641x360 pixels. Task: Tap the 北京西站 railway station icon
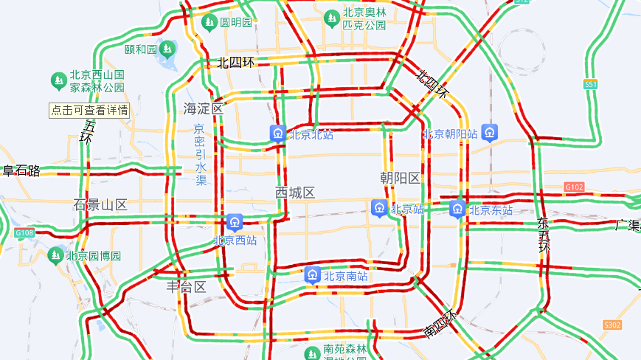[235, 221]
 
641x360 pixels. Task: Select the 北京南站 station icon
[313, 276]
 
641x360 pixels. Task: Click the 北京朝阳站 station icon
[491, 134]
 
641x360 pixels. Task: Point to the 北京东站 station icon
[458, 209]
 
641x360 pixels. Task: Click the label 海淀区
[203, 108]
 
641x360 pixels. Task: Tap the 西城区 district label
[295, 193]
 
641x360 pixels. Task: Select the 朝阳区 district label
[400, 178]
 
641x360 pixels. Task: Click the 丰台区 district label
[185, 287]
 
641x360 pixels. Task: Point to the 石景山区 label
[100, 204]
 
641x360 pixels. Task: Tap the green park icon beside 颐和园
[168, 49]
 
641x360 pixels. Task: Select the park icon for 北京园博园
[55, 256]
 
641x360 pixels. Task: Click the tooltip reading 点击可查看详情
[89, 111]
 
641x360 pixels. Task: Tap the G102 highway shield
[573, 187]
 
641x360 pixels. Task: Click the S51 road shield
[590, 85]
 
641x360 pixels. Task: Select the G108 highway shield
[24, 233]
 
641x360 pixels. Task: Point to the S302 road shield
[612, 325]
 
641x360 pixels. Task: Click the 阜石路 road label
[21, 171]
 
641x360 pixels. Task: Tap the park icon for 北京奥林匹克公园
[331, 18]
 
